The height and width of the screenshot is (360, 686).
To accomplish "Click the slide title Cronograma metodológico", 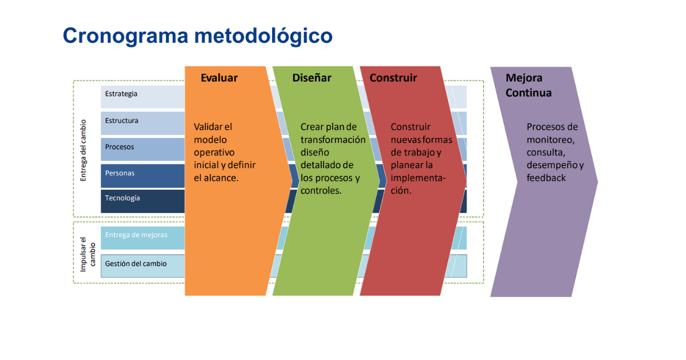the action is click(x=198, y=37).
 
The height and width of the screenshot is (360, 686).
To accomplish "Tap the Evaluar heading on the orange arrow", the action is click(x=219, y=78).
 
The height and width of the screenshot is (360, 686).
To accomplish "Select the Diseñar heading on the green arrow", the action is click(x=312, y=78).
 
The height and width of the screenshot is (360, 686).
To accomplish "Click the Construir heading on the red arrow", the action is click(x=393, y=78).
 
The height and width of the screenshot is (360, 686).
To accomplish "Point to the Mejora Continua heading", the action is click(x=528, y=85).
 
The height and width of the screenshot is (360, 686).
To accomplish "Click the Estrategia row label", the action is click(x=121, y=94).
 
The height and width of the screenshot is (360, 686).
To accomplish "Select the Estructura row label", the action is click(x=122, y=121).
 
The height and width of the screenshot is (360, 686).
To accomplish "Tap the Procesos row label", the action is click(x=119, y=147).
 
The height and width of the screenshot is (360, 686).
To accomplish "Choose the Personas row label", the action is click(x=119, y=173).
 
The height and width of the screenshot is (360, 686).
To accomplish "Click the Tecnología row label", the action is click(x=122, y=198).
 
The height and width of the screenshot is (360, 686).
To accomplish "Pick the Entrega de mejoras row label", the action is click(x=136, y=235).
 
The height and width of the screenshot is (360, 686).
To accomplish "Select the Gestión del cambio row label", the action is click(x=135, y=263).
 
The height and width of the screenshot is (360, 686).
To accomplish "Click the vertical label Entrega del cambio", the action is click(x=83, y=150).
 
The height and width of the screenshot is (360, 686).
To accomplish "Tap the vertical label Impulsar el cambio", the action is click(x=87, y=254).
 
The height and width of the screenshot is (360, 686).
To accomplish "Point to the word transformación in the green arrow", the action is click(x=333, y=139).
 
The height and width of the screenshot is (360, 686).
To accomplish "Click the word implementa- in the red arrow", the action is click(x=418, y=178).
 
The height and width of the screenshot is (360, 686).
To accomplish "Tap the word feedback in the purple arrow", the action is click(x=546, y=178).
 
